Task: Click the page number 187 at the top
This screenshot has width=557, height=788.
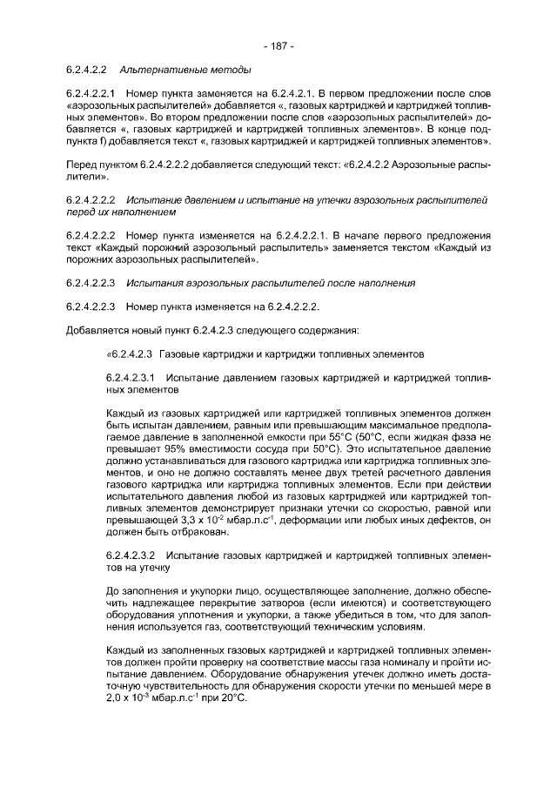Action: tap(278, 44)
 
